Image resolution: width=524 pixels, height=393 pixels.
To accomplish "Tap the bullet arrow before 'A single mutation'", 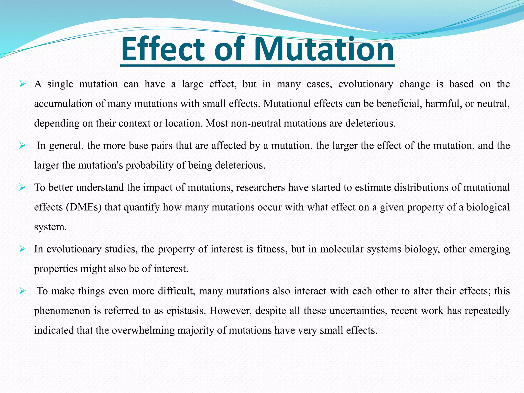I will pos(22,84).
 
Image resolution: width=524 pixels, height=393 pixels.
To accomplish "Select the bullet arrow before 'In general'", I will pos(22,146).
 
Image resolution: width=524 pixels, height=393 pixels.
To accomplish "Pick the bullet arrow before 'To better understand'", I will pos(22,188).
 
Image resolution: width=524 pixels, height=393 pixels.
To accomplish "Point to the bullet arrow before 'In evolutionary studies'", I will pos(22,249).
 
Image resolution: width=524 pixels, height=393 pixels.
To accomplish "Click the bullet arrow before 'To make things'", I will pos(22,291).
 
